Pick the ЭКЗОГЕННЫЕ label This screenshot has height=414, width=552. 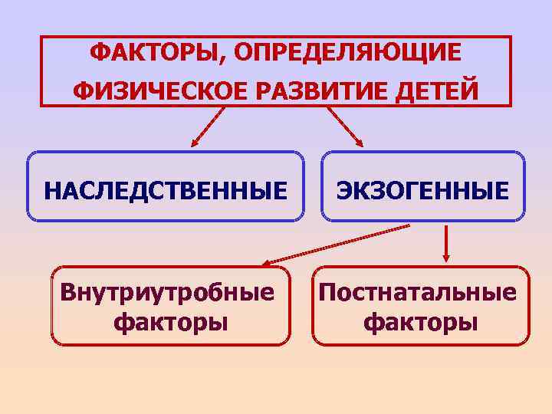click(x=423, y=189)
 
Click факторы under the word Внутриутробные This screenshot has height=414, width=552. click(x=170, y=321)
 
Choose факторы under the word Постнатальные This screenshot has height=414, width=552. click(x=420, y=321)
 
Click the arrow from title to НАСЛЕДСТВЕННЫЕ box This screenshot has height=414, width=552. click(x=208, y=127)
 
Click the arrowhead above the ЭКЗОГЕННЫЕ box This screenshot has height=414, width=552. click(x=360, y=143)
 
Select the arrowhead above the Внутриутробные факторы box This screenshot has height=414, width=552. click(x=263, y=264)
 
